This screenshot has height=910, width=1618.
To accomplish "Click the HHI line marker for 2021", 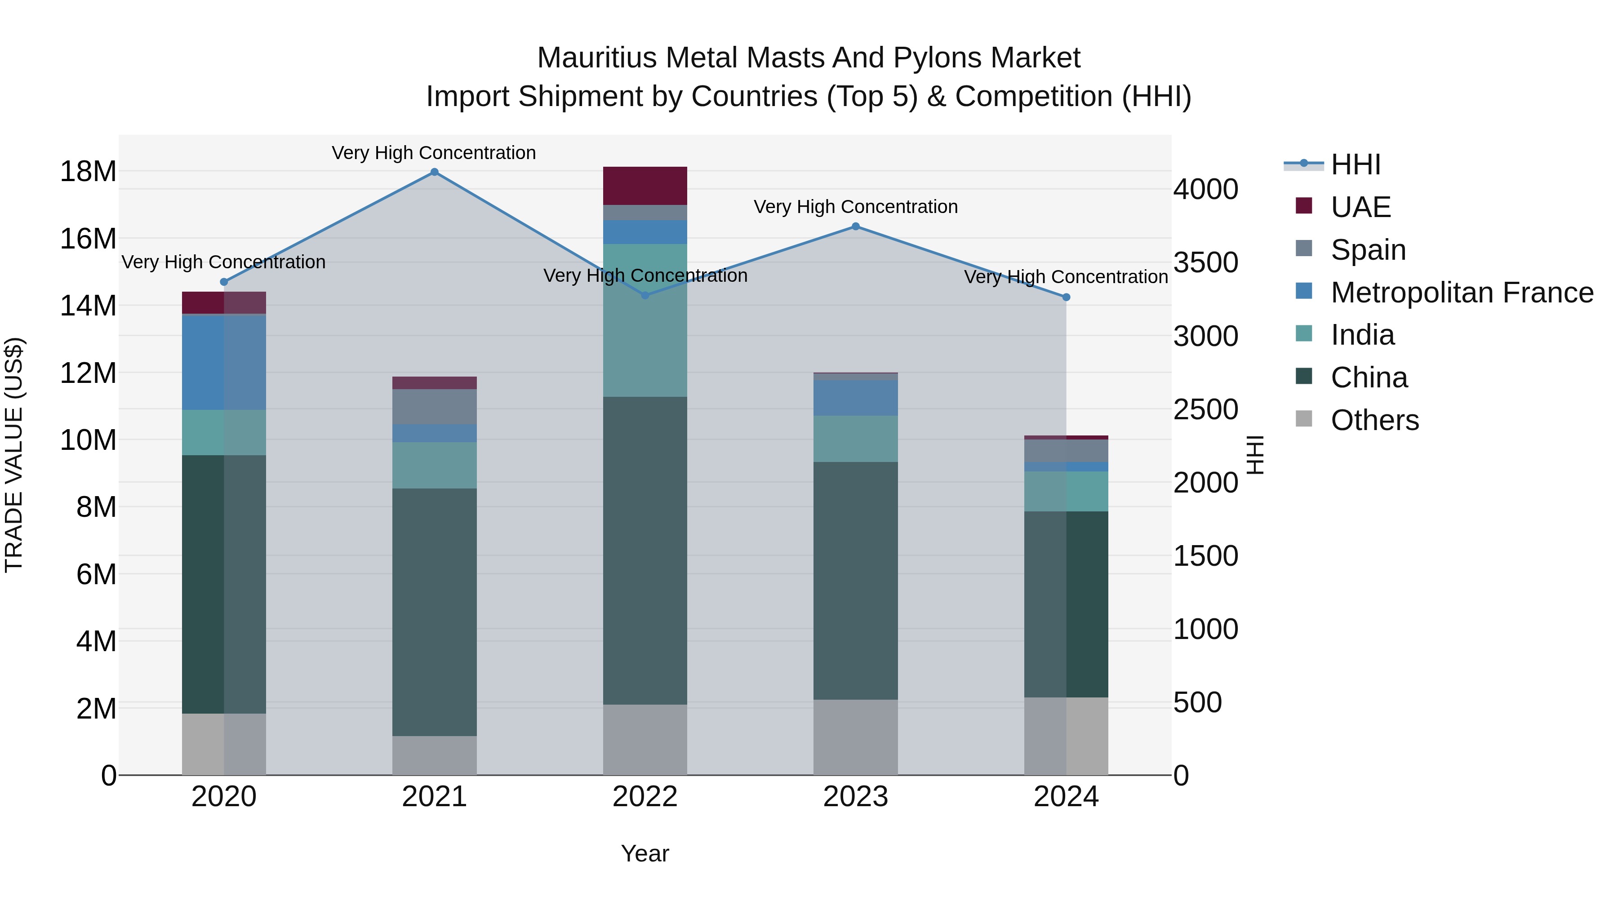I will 434,172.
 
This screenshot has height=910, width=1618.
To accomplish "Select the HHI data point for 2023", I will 855,227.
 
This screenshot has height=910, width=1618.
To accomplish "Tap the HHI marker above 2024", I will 1066,297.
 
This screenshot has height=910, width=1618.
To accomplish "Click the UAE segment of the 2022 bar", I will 645,186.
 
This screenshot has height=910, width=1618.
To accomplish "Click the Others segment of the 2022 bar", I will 645,739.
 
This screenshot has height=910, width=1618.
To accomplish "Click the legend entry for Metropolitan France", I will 1462,293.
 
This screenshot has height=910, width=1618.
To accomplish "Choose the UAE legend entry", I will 1360,207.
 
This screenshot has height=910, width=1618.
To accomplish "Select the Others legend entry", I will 1374,420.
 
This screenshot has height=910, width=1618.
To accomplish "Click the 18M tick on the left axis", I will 88,172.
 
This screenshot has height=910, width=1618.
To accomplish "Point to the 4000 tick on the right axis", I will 1205,189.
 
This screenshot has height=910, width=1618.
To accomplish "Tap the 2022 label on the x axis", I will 645,797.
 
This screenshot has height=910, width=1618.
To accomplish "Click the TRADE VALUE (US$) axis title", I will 14,455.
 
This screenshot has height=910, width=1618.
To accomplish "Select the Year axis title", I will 645,853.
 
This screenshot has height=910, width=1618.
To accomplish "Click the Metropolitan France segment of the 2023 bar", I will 855,398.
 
